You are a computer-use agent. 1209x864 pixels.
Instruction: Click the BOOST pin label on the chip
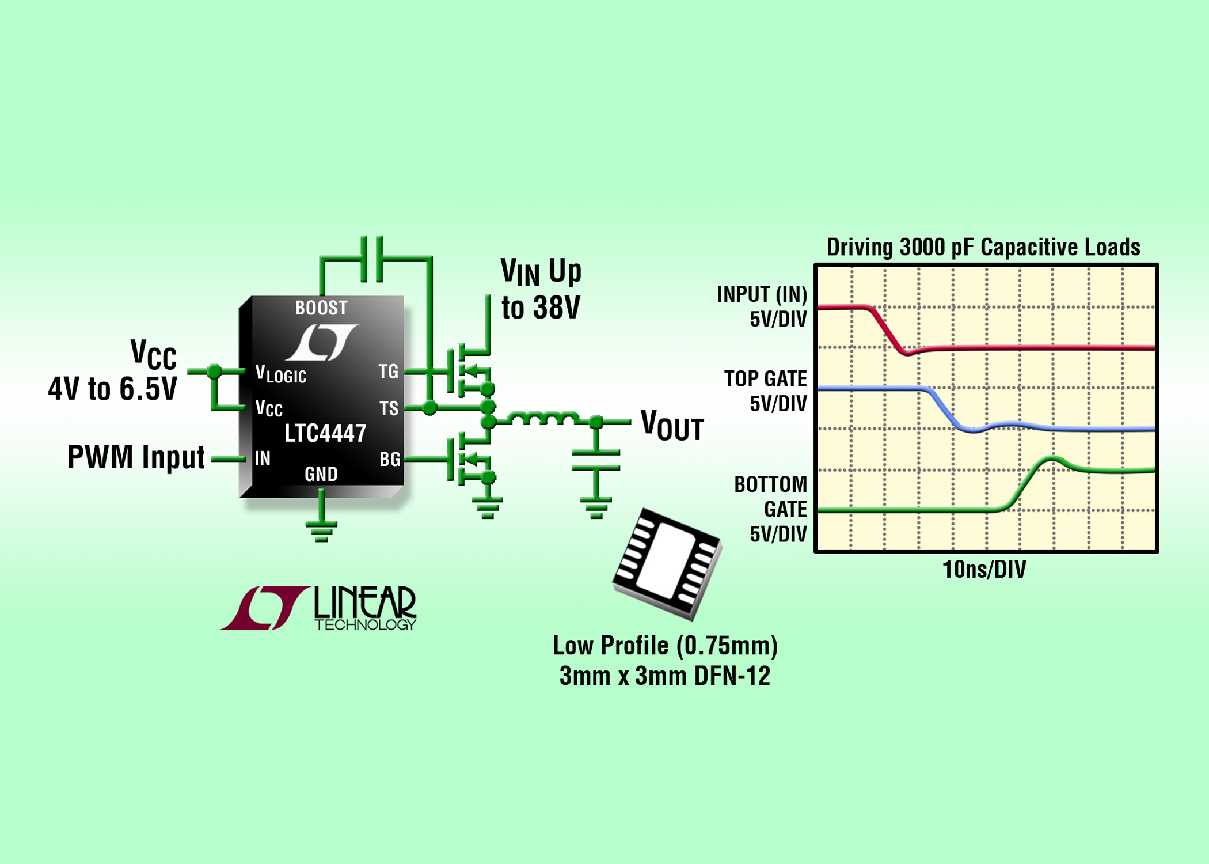point(321,308)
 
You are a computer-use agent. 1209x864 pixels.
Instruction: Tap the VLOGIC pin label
point(280,374)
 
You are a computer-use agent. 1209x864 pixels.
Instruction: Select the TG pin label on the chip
point(388,372)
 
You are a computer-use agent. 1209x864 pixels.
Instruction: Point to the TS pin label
point(389,408)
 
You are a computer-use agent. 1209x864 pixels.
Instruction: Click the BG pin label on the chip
point(390,459)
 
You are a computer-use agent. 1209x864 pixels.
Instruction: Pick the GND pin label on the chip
point(321,474)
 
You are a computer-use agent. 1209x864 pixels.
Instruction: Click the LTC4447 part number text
point(325,433)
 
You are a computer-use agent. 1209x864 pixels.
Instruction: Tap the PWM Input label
point(136,457)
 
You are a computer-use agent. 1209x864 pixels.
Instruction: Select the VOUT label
point(672,426)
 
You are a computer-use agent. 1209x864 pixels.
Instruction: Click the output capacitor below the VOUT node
point(596,461)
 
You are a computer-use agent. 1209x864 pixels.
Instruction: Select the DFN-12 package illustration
point(667,564)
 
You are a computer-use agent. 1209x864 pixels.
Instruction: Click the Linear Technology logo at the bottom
point(318,608)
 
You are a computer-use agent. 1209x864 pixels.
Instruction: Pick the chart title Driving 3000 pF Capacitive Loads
point(983,247)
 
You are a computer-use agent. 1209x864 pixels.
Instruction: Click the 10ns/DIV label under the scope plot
point(984,570)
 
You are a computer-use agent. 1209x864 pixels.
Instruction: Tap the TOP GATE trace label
point(765,378)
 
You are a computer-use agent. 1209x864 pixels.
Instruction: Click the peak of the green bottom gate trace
point(1052,458)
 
